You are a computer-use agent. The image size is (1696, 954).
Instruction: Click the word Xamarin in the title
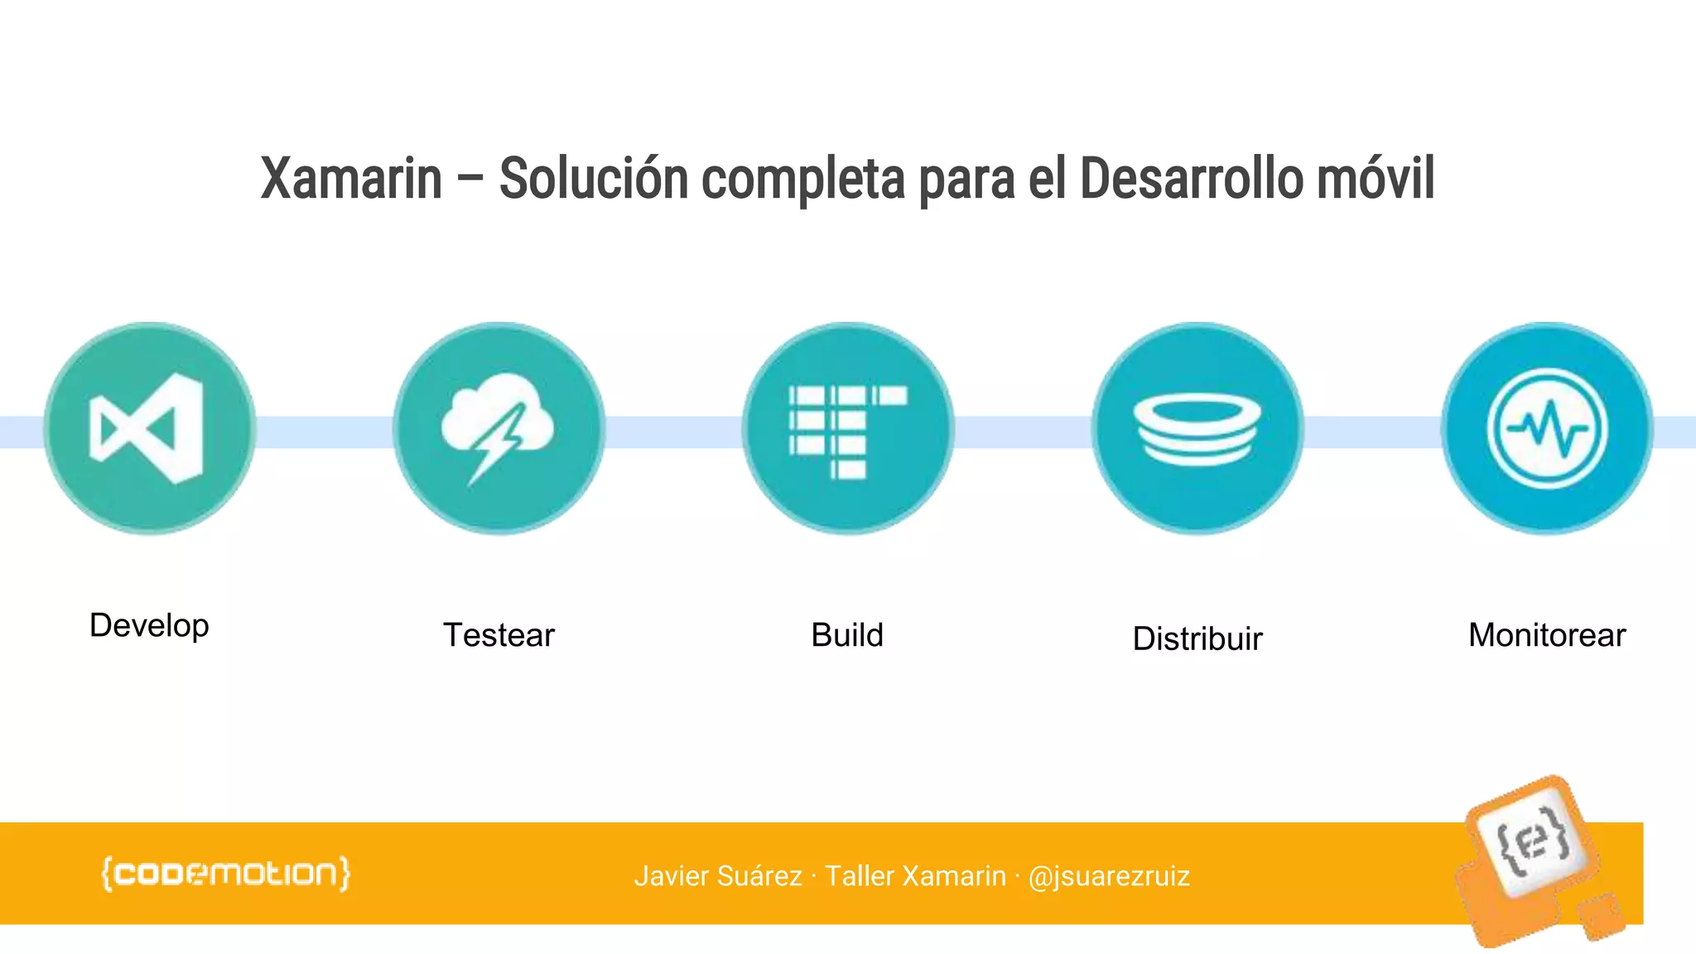[351, 179]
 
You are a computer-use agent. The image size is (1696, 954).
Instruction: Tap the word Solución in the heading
[593, 179]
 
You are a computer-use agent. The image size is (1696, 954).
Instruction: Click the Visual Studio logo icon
[149, 428]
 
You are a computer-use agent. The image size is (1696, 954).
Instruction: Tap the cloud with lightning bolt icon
[499, 428]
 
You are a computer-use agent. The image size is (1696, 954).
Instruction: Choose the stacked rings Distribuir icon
[1197, 428]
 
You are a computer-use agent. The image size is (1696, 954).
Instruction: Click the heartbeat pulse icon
[1547, 428]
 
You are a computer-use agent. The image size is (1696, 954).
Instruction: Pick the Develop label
[149, 626]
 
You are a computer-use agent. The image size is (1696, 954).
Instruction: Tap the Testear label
[499, 635]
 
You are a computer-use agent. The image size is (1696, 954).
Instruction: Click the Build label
[847, 635]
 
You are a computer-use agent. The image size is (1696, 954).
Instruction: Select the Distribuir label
[1197, 638]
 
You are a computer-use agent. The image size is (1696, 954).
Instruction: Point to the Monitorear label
[1547, 635]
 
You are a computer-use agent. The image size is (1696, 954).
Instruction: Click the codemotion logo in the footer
[225, 874]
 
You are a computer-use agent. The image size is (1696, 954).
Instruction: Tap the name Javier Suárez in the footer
[718, 876]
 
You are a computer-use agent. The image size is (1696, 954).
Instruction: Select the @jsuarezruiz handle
[1109, 876]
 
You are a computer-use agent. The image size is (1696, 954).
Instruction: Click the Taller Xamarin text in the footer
[915, 876]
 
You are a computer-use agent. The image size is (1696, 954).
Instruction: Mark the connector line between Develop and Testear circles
[324, 431]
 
